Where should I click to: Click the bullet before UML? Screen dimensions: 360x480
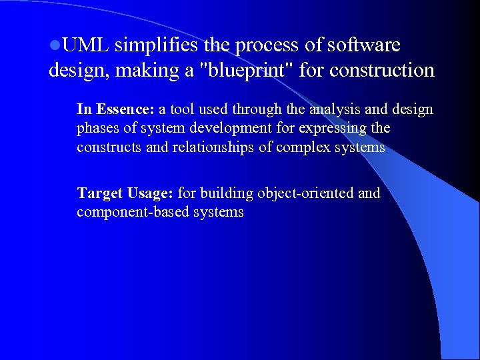coord(53,46)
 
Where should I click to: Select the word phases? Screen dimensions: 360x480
coord(96,128)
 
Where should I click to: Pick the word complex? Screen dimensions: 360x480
coord(305,147)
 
